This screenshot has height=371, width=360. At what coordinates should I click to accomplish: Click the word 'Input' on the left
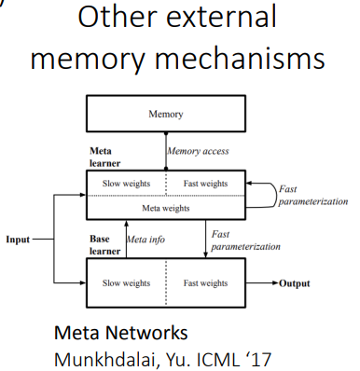click(x=20, y=239)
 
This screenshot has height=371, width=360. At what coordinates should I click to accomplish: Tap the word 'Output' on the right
click(x=291, y=283)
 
